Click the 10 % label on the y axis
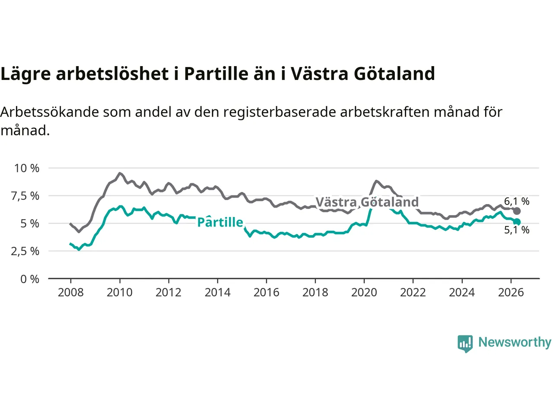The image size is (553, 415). [x=27, y=168]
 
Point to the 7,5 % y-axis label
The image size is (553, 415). [x=25, y=196]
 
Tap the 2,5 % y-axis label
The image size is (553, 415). [x=25, y=251]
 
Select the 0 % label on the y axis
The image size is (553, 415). [x=30, y=279]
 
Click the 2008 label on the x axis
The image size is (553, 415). [x=70, y=293]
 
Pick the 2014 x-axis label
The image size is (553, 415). [x=217, y=293]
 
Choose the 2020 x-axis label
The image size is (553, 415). [x=364, y=293]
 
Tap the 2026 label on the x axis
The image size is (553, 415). [x=511, y=293]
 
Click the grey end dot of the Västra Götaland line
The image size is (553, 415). [x=517, y=211]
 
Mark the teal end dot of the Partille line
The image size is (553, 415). [x=517, y=222]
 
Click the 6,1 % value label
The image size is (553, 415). [x=516, y=201]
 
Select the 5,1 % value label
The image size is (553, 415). [x=516, y=230]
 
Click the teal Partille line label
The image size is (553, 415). [x=220, y=222]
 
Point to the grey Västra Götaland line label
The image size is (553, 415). [x=367, y=202]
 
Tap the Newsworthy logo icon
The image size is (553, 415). [x=465, y=344]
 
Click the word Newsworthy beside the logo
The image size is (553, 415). [x=515, y=342]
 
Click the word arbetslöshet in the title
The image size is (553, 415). [x=112, y=73]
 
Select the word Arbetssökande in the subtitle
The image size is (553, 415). [x=50, y=112]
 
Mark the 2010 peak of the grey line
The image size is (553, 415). [x=120, y=173]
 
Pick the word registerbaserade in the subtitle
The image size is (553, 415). [x=280, y=112]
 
